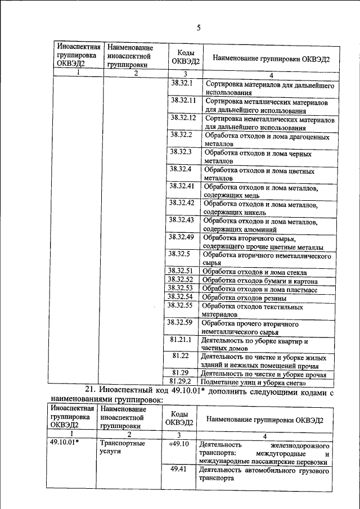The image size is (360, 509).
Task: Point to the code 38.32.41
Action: coord(181,185)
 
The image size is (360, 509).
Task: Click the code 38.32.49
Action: coord(181,237)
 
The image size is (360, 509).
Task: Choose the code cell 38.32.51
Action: coord(181,271)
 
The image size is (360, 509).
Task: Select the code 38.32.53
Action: coord(181,288)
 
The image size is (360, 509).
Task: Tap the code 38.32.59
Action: coord(181,322)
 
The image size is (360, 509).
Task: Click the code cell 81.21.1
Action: coord(181,340)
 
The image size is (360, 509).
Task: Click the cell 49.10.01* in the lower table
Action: coord(64,443)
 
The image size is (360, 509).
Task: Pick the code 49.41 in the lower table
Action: coord(178,469)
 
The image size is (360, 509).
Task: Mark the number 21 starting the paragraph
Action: coord(91,390)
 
